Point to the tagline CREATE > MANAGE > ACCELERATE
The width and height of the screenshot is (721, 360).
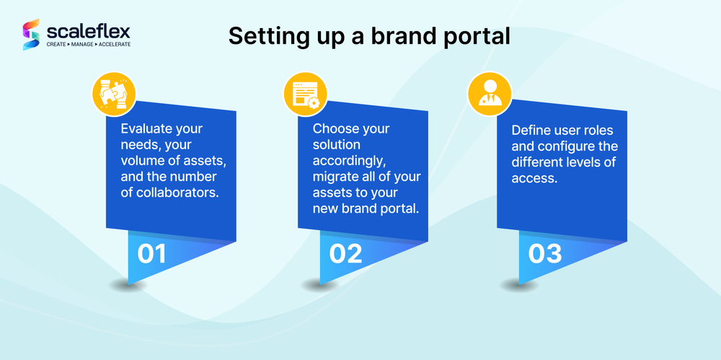pos(89,45)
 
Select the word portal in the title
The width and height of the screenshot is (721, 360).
pos(478,37)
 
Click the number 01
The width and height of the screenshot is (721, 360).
pos(152,254)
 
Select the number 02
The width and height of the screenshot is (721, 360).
pos(345,254)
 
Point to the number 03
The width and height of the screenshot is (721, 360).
pos(544,254)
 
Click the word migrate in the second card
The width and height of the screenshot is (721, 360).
pos(337,176)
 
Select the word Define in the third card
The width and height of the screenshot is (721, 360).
pos(531,131)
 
